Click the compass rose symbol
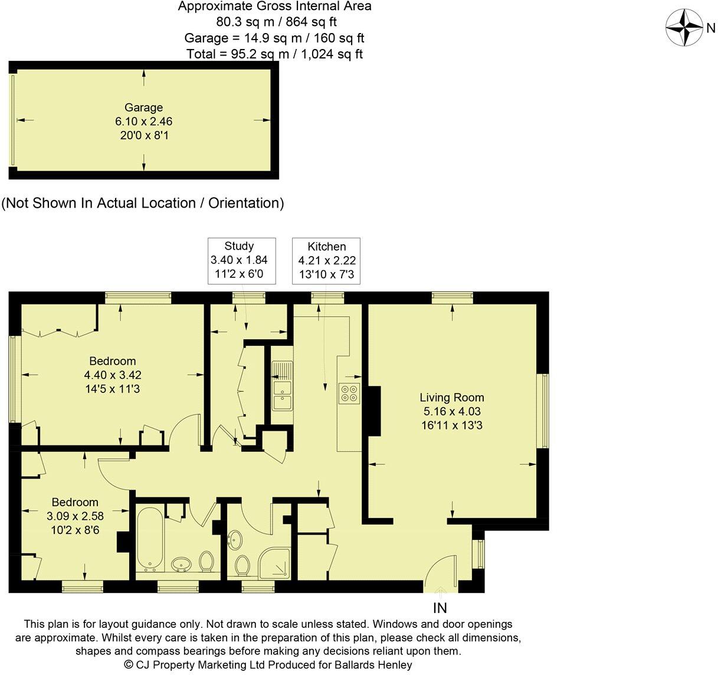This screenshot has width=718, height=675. click(x=684, y=27)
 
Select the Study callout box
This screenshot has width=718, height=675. click(x=242, y=260)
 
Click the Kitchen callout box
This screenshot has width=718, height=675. click(x=326, y=260)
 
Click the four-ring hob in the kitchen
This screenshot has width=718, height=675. click(x=349, y=394)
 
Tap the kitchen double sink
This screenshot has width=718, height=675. click(x=282, y=386)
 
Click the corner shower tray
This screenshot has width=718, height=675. click(x=276, y=562)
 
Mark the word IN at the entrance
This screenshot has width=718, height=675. click(x=440, y=608)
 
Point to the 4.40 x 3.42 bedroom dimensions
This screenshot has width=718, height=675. click(x=112, y=375)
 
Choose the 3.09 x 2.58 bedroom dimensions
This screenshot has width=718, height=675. click(x=75, y=516)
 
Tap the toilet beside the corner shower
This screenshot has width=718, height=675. click(x=242, y=565)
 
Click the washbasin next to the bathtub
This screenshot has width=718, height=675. click(x=182, y=565)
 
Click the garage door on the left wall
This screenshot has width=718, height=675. click(x=12, y=120)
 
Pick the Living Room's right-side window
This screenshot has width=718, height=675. click(x=545, y=411)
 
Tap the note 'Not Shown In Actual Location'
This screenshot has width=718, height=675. click(x=143, y=203)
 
